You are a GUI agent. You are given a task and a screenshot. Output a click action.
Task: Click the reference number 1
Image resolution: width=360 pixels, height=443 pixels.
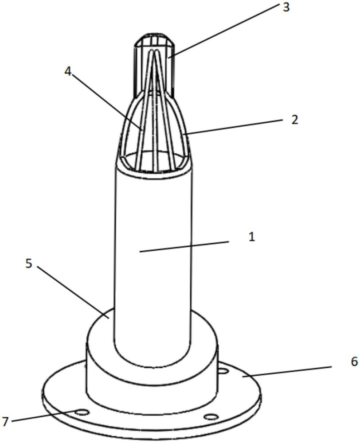(x=251, y=237)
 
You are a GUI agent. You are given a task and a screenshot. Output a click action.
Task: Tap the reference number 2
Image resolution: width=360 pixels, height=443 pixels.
(x=295, y=120)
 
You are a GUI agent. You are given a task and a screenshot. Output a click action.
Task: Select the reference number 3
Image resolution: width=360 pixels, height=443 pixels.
(x=286, y=7)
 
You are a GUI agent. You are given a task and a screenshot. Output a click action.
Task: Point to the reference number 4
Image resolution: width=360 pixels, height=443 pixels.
(x=67, y=72)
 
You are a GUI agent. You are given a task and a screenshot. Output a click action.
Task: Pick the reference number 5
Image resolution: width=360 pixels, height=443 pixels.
(x=29, y=264)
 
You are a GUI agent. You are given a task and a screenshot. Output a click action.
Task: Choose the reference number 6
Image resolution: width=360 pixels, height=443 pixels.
(x=354, y=361)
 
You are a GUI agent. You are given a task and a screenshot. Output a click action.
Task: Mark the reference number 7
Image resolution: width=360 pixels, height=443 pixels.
(x=5, y=421)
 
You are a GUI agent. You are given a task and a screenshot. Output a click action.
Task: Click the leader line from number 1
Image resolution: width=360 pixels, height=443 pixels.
(x=184, y=246)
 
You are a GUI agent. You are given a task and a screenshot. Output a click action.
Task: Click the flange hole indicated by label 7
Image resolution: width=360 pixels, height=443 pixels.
(x=82, y=412)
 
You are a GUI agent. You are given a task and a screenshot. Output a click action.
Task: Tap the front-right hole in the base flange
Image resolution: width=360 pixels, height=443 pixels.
(x=212, y=416)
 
